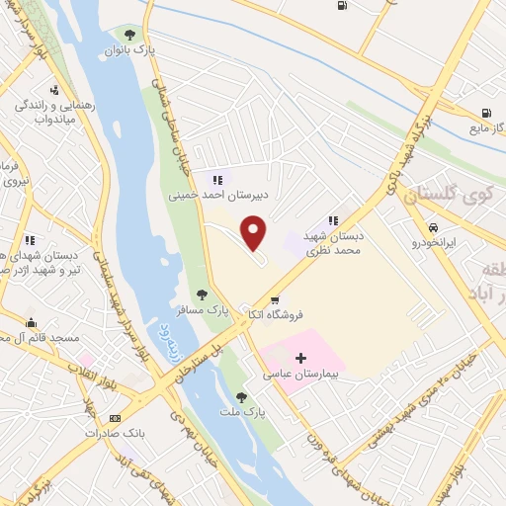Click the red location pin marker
(x=254, y=232)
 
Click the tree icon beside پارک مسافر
(x=202, y=294)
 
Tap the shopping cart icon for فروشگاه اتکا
(x=275, y=299)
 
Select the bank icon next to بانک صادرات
(x=116, y=418)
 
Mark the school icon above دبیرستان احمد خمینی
(x=217, y=180)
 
